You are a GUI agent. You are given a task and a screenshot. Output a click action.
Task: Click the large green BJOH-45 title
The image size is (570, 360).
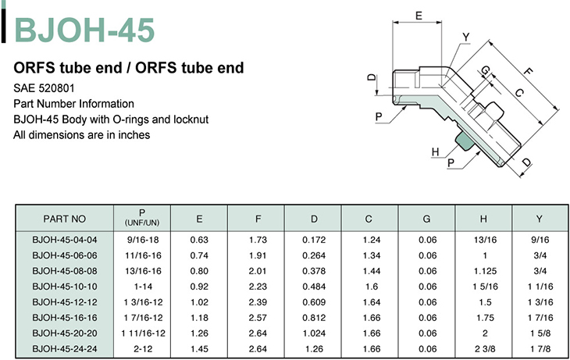click(x=84, y=30)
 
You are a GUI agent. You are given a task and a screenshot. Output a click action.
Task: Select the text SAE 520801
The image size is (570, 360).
click(x=44, y=88)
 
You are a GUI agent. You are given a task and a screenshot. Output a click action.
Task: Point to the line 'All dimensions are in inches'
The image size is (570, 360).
click(x=82, y=135)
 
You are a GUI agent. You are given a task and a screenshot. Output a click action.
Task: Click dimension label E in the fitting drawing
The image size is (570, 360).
click(x=419, y=16)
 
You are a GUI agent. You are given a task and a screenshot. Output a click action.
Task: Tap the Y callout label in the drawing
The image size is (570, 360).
click(x=465, y=37)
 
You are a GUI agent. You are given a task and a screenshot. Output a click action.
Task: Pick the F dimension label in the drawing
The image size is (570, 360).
click(x=528, y=71)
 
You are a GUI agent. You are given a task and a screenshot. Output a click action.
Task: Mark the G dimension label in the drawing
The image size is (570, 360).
click(x=485, y=70)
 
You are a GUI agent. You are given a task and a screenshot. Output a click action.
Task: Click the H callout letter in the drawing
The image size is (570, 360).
click(x=435, y=151)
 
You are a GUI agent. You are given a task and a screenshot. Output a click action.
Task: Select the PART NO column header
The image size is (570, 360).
click(x=64, y=219)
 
